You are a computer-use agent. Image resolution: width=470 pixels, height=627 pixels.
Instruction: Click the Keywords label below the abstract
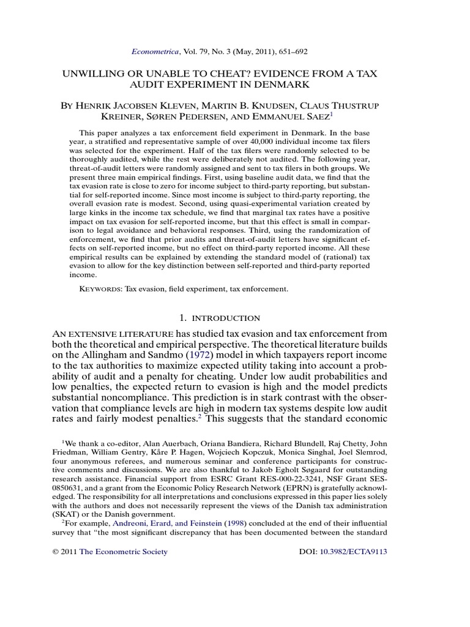(101, 288)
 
